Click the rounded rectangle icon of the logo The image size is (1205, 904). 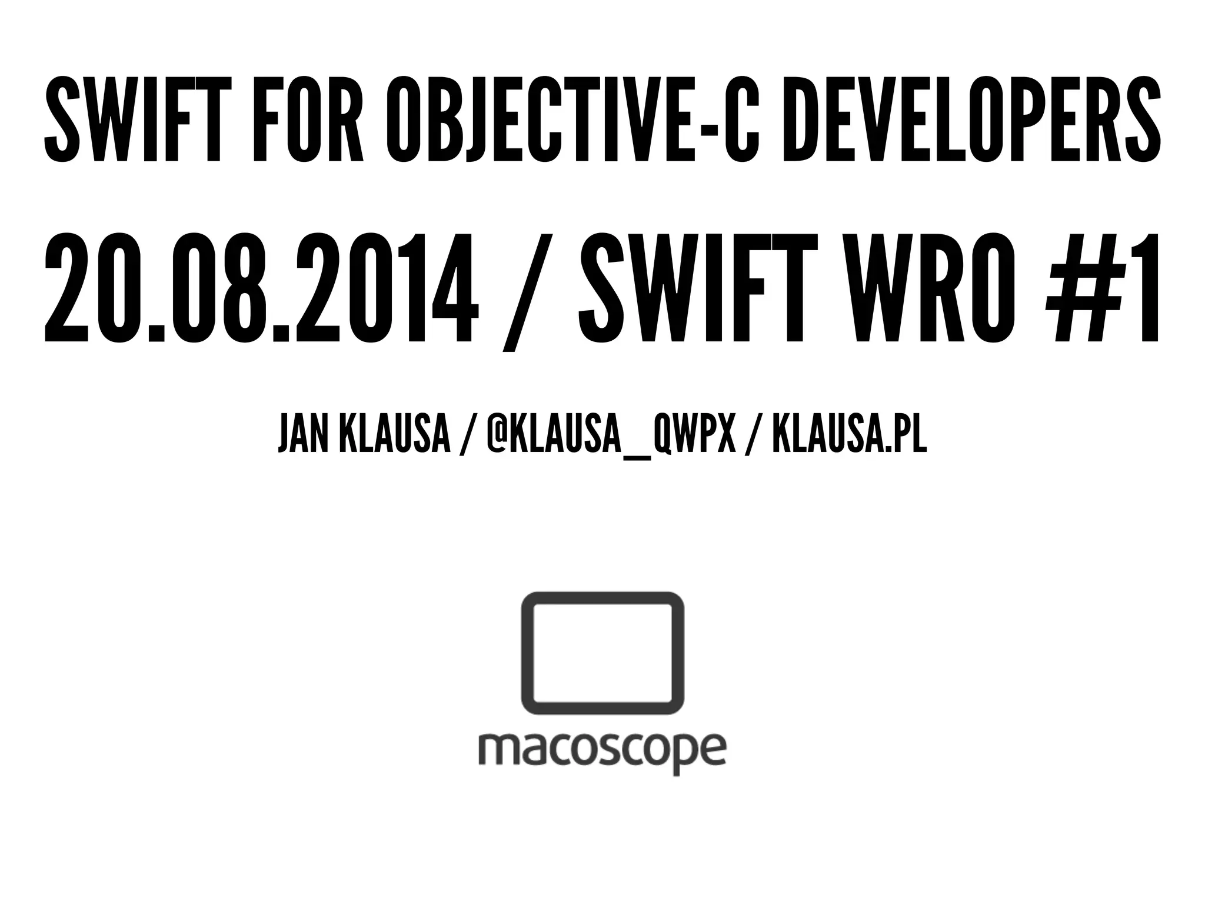602,656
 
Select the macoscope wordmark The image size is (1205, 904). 602,751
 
